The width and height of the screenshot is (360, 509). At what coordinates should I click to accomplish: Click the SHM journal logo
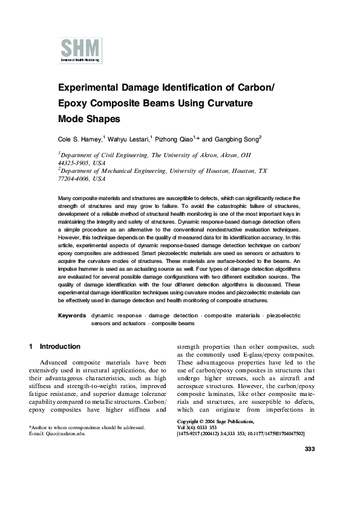coord(80,50)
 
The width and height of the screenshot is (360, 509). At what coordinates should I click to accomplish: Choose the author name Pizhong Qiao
coord(173,138)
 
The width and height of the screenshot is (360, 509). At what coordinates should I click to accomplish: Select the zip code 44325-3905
coord(76,163)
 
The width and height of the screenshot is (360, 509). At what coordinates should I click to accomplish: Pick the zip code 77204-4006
coord(76,179)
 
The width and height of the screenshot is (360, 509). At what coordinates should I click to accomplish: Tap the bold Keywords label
coord(71,316)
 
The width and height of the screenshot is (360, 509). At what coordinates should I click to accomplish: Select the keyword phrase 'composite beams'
coord(173,323)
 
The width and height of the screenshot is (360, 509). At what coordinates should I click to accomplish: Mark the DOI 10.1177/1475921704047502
coord(271,434)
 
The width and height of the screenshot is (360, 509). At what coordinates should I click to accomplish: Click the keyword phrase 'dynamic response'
coord(116,316)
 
